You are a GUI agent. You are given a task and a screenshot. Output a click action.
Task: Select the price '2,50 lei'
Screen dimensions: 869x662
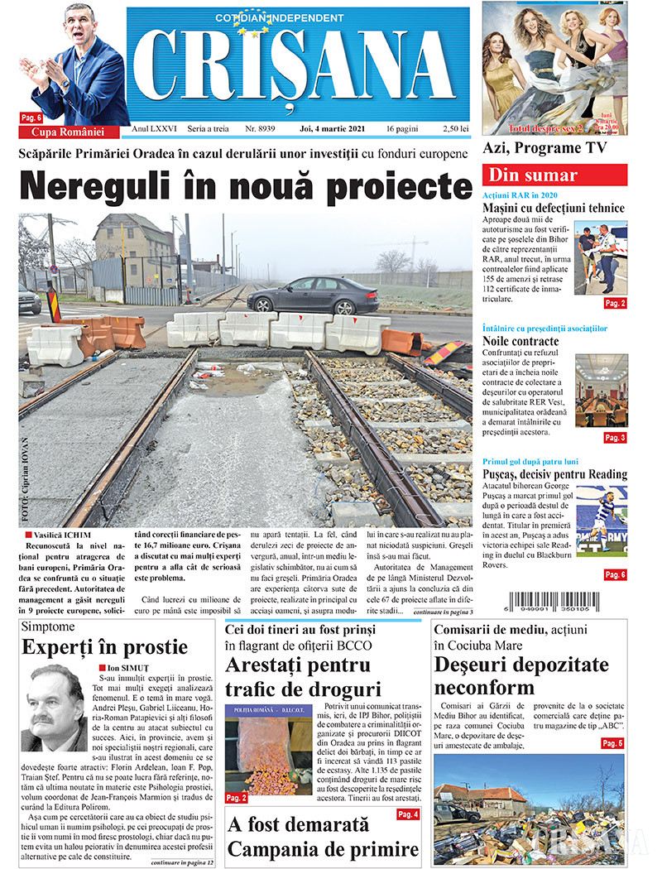click(x=455, y=129)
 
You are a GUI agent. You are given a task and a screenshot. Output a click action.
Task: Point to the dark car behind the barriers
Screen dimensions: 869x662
click(x=313, y=295)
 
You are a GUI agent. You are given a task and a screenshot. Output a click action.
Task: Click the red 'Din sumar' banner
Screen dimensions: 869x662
click(x=554, y=175)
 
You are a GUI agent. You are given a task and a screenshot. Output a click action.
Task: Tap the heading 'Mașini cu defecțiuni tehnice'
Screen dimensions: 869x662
click(x=554, y=209)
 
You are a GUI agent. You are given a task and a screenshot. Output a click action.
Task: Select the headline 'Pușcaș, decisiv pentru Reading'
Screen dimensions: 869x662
click(x=554, y=474)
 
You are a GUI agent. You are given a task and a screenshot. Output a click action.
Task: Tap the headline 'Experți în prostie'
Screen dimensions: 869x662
click(x=105, y=646)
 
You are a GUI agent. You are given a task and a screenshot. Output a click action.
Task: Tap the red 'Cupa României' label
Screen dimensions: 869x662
click(x=68, y=132)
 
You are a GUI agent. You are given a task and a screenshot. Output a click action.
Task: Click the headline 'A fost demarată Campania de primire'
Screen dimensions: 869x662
click(x=323, y=837)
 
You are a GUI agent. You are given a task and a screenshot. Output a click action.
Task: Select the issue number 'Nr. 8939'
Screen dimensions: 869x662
click(x=259, y=129)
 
